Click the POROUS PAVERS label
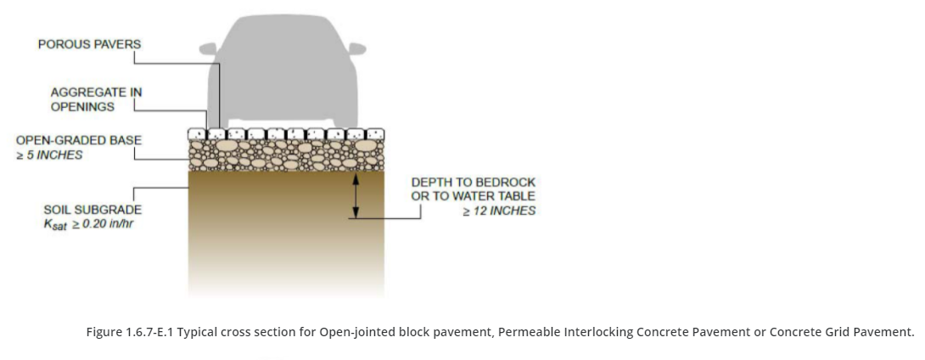89,43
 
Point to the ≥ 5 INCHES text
49,155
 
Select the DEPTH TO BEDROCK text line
474,182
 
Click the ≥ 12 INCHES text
499,211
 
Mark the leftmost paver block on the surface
197,134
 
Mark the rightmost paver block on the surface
374,134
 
